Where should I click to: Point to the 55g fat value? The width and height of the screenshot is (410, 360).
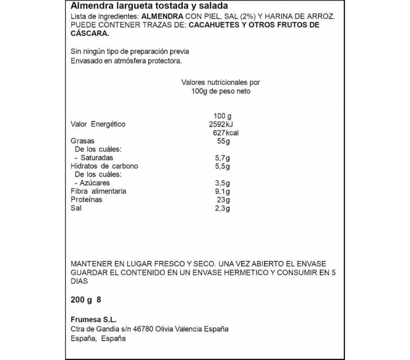(223, 141)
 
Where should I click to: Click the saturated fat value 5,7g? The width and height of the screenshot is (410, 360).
(223, 158)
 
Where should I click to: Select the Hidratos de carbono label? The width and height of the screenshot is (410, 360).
(104, 167)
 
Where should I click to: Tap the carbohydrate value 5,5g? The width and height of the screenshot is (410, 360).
(223, 167)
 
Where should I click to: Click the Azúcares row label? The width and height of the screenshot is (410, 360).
(95, 183)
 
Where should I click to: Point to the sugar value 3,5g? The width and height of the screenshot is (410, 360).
(223, 183)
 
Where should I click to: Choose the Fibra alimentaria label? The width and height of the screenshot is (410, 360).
(98, 192)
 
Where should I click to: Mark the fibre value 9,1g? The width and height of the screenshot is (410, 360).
(223, 192)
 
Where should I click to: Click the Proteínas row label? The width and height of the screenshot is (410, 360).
(86, 200)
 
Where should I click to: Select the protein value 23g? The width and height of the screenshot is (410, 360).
(223, 200)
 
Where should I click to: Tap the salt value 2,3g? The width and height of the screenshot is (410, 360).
(223, 208)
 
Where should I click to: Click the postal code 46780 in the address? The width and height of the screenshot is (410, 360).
(148, 329)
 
